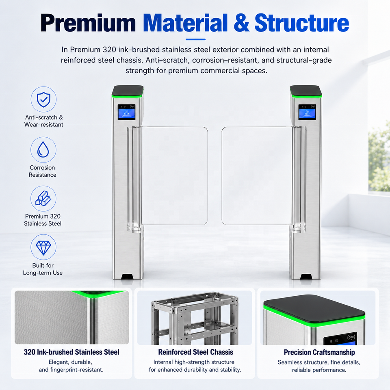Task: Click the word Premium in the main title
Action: click(x=88, y=23)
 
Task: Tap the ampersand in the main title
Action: click(x=241, y=23)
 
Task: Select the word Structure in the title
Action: click(x=302, y=23)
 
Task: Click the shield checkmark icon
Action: click(x=43, y=99)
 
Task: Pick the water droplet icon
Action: click(x=43, y=150)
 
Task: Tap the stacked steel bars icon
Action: click(x=43, y=199)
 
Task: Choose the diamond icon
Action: click(x=43, y=247)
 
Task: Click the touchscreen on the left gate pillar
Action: click(x=126, y=112)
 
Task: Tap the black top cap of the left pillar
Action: click(x=128, y=91)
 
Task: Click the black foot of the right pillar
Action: click(x=306, y=277)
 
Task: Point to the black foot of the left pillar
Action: click(x=128, y=277)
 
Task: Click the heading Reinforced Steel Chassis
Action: click(x=195, y=352)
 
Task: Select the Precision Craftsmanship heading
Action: click(x=319, y=353)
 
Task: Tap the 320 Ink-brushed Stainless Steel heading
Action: click(x=71, y=352)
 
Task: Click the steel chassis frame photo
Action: click(x=195, y=318)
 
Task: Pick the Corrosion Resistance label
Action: click(x=42, y=171)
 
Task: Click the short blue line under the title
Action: click(x=195, y=39)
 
